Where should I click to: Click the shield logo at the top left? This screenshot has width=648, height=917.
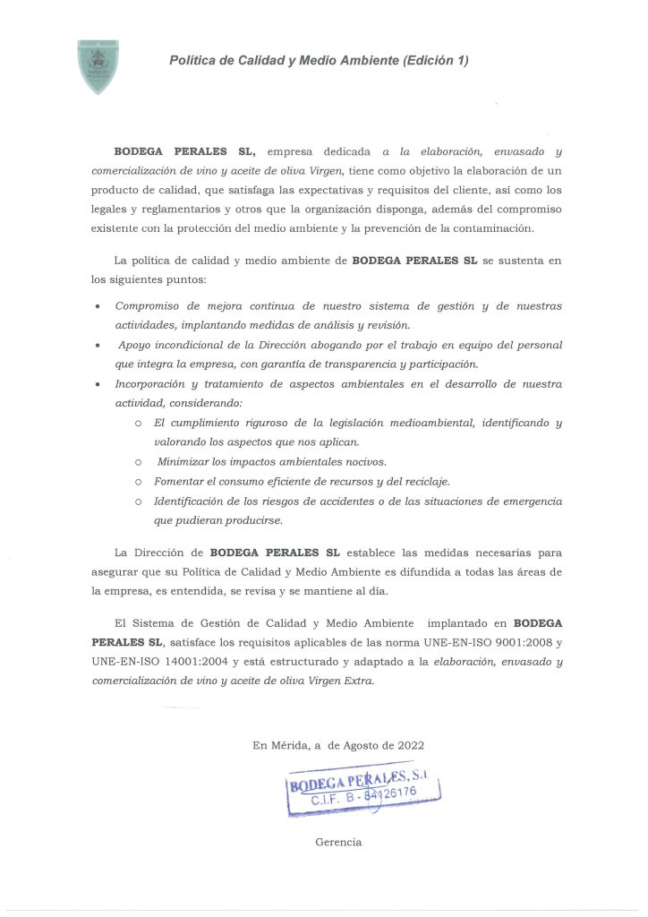(98, 66)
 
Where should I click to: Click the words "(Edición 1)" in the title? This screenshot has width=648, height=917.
(436, 61)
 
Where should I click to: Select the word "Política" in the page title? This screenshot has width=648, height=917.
(192, 61)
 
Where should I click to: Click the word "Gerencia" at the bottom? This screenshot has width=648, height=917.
(338, 843)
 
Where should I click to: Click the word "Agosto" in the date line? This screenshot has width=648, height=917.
(364, 744)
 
